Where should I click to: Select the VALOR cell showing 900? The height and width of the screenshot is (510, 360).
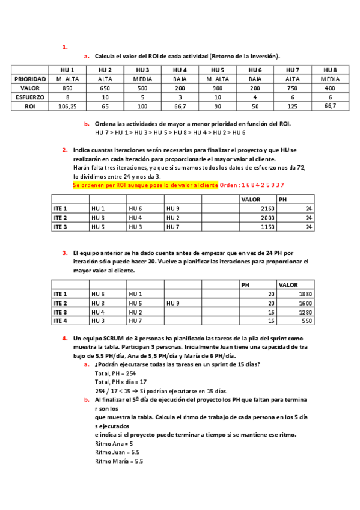218,88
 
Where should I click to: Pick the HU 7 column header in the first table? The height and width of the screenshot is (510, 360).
293,70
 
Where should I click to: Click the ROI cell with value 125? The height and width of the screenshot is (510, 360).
293,106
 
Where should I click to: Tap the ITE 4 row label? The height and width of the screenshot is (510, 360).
61,322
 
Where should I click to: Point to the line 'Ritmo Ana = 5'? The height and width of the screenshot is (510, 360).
114,443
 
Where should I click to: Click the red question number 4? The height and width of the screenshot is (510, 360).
64,339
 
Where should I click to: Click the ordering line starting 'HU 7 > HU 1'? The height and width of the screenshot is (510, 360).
170,132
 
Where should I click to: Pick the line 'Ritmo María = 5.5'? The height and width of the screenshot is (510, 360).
119,461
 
